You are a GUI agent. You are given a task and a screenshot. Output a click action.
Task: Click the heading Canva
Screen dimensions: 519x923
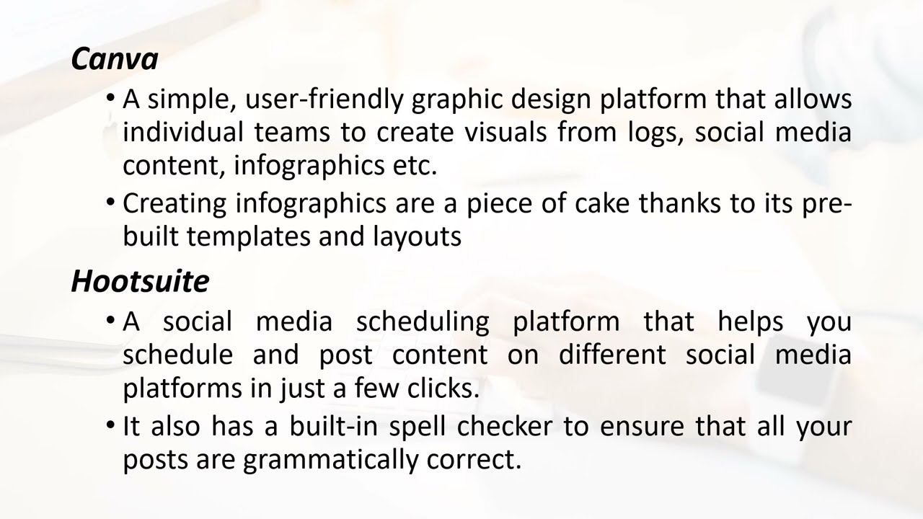[x=115, y=59]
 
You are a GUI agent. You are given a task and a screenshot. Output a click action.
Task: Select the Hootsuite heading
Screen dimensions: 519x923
[x=140, y=281]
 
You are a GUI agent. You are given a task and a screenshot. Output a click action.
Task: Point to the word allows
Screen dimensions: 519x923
[x=813, y=99]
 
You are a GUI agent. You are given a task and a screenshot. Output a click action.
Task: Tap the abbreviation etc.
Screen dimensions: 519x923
[x=415, y=166]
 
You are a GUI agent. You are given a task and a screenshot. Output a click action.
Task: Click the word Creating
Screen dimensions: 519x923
[x=174, y=204]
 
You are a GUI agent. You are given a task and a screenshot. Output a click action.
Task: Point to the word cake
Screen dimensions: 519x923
[x=602, y=203]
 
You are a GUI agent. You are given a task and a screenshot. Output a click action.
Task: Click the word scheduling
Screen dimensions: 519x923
[x=423, y=321]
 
